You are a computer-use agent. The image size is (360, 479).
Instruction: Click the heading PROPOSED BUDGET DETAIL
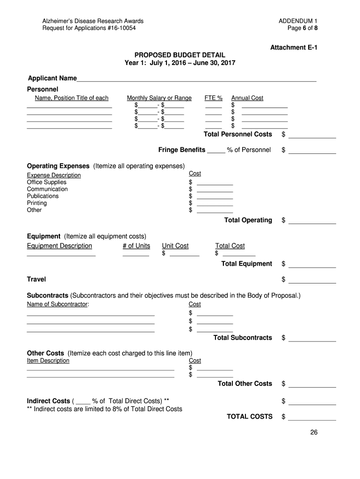point(180,55)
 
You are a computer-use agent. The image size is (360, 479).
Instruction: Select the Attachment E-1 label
point(294,48)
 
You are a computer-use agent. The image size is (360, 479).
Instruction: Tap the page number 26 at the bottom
point(314,432)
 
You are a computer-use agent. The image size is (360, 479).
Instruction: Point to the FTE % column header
point(214,98)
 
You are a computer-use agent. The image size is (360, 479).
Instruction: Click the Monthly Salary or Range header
point(159,98)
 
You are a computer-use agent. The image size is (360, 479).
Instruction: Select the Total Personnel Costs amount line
point(312,136)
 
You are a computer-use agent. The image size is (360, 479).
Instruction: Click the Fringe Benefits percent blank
point(216,151)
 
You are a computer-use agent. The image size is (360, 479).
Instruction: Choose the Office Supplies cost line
point(215,183)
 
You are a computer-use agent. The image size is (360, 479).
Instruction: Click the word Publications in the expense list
point(43,196)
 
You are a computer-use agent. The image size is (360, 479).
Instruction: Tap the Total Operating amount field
point(312,221)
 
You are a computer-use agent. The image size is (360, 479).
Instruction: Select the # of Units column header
point(137,246)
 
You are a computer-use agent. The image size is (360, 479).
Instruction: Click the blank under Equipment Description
point(61,254)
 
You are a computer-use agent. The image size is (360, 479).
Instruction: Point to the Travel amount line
point(312,281)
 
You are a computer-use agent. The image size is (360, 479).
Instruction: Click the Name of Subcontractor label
point(58,304)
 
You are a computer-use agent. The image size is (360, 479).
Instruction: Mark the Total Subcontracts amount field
point(312,339)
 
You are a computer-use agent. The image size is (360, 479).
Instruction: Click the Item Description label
point(48,361)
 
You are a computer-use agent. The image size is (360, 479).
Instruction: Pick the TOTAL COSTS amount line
point(312,418)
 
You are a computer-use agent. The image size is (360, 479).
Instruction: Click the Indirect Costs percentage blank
point(83,402)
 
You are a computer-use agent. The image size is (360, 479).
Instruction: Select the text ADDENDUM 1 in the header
point(298,21)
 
